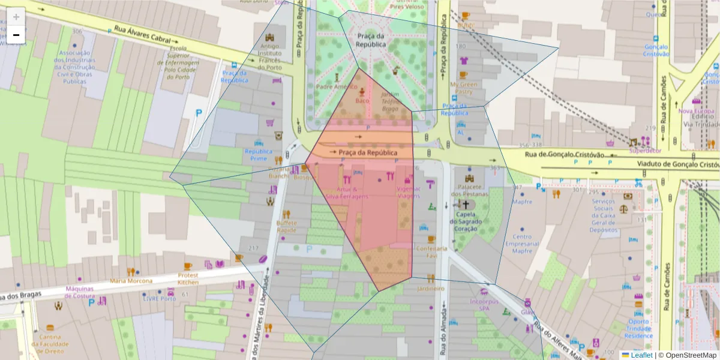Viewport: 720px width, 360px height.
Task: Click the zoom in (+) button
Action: (x=16, y=16)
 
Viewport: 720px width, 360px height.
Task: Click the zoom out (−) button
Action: (x=16, y=35)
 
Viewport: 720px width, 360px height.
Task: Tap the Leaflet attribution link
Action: (x=641, y=355)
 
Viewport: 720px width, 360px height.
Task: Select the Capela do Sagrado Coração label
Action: (x=466, y=221)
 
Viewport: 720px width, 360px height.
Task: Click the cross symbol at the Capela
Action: (x=464, y=205)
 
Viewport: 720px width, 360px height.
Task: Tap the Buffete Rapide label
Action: (x=287, y=226)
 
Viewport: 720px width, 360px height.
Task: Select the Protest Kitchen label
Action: (x=188, y=279)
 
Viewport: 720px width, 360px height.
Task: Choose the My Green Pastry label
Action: (x=464, y=88)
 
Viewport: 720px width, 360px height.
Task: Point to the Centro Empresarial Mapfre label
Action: (x=522, y=244)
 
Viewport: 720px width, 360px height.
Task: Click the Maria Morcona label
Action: (x=131, y=280)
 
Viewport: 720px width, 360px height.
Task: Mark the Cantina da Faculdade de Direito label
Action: (x=50, y=344)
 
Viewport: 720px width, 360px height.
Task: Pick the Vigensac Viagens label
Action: (x=408, y=192)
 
